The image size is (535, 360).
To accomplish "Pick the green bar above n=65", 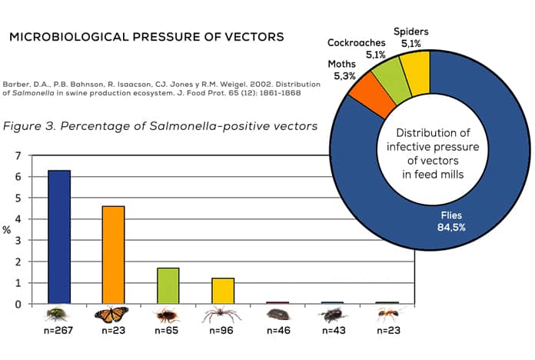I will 168,285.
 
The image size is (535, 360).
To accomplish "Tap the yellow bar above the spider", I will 222,290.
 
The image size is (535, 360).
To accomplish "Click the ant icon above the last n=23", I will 388,315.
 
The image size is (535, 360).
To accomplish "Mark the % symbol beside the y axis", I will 8,229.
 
